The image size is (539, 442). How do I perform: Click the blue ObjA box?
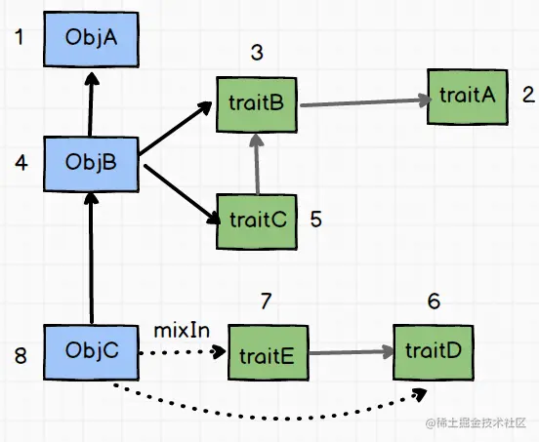(91, 39)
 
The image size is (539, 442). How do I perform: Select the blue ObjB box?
(91, 164)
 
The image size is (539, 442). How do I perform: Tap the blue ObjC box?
(91, 352)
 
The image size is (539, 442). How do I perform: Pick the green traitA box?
(468, 97)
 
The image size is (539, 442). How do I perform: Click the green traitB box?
(257, 104)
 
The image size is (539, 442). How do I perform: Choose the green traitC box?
(257, 221)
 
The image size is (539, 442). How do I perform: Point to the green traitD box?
(434, 352)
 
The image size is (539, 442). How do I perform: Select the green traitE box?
(269, 352)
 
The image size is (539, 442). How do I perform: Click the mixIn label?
(182, 331)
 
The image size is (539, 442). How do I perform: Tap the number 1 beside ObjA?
(20, 37)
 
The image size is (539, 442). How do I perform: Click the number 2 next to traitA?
(528, 95)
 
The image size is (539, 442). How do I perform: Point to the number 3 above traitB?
(257, 53)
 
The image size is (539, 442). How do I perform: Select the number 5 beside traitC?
(316, 220)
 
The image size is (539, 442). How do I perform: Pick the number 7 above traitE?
(266, 301)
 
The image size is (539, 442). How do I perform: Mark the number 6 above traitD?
(434, 301)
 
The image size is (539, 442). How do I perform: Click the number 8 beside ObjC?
(21, 355)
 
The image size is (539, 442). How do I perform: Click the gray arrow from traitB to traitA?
(366, 102)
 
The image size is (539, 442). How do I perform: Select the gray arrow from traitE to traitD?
(352, 352)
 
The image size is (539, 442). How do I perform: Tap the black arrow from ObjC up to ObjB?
(91, 258)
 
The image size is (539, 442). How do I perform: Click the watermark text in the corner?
(477, 423)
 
